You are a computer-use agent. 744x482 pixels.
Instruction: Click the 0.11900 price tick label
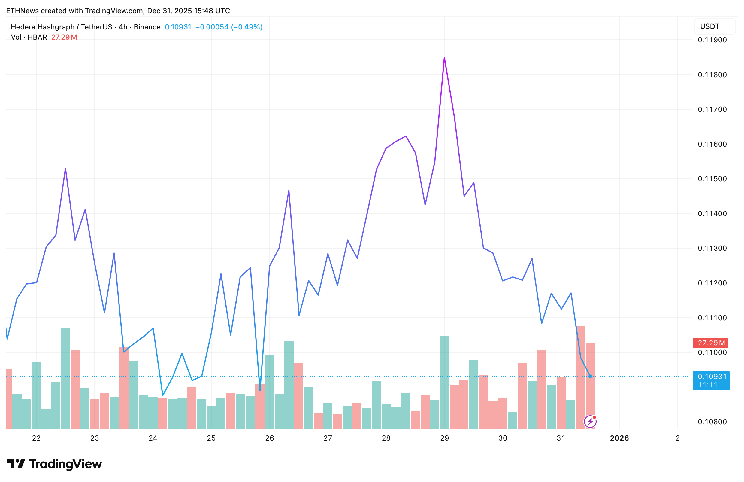(x=712, y=40)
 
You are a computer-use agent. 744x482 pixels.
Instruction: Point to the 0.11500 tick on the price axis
(x=712, y=179)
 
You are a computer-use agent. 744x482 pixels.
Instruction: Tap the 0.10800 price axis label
(x=712, y=422)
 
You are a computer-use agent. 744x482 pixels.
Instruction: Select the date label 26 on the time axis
(x=269, y=438)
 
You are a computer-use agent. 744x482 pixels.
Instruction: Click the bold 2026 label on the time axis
(x=619, y=438)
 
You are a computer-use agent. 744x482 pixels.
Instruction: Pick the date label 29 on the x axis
(x=445, y=438)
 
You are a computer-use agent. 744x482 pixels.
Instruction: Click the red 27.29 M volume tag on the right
(x=711, y=343)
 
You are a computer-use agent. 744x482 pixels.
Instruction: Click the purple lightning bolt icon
(x=590, y=422)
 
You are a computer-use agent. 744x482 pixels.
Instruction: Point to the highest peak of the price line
(x=444, y=58)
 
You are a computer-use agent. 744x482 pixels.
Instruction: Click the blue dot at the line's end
(x=590, y=376)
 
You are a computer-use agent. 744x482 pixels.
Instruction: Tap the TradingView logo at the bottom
(x=55, y=464)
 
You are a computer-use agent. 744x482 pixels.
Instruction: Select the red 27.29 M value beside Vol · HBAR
(x=64, y=37)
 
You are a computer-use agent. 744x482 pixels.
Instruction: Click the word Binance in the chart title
(x=147, y=27)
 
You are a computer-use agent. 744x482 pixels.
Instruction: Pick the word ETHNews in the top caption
(x=22, y=11)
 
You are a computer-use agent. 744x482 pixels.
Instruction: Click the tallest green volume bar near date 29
(x=444, y=382)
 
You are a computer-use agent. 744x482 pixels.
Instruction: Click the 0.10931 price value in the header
(x=178, y=27)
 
